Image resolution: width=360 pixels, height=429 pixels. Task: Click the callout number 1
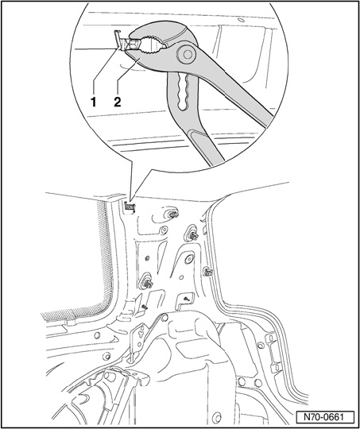point(94,102)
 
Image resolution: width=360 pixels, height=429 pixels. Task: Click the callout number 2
point(117,102)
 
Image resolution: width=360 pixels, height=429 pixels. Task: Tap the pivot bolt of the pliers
point(188,54)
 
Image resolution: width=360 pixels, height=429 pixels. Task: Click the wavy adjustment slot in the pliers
point(182,91)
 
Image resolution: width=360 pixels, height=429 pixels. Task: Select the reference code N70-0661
point(325,418)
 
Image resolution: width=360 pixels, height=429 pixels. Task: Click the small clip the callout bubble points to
point(129,207)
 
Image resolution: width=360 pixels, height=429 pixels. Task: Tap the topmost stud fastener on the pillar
point(172,214)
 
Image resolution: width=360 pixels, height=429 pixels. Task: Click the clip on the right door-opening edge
point(208,272)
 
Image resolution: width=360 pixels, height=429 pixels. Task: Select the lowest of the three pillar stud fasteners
point(146,282)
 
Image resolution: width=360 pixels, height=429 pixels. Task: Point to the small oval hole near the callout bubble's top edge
point(241,20)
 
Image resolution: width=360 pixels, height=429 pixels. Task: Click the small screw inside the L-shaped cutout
point(187,299)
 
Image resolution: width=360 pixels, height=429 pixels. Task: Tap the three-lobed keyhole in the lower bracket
point(141,333)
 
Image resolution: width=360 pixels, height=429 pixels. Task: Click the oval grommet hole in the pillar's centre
point(188,258)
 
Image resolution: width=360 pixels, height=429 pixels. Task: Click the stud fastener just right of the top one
point(193,235)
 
